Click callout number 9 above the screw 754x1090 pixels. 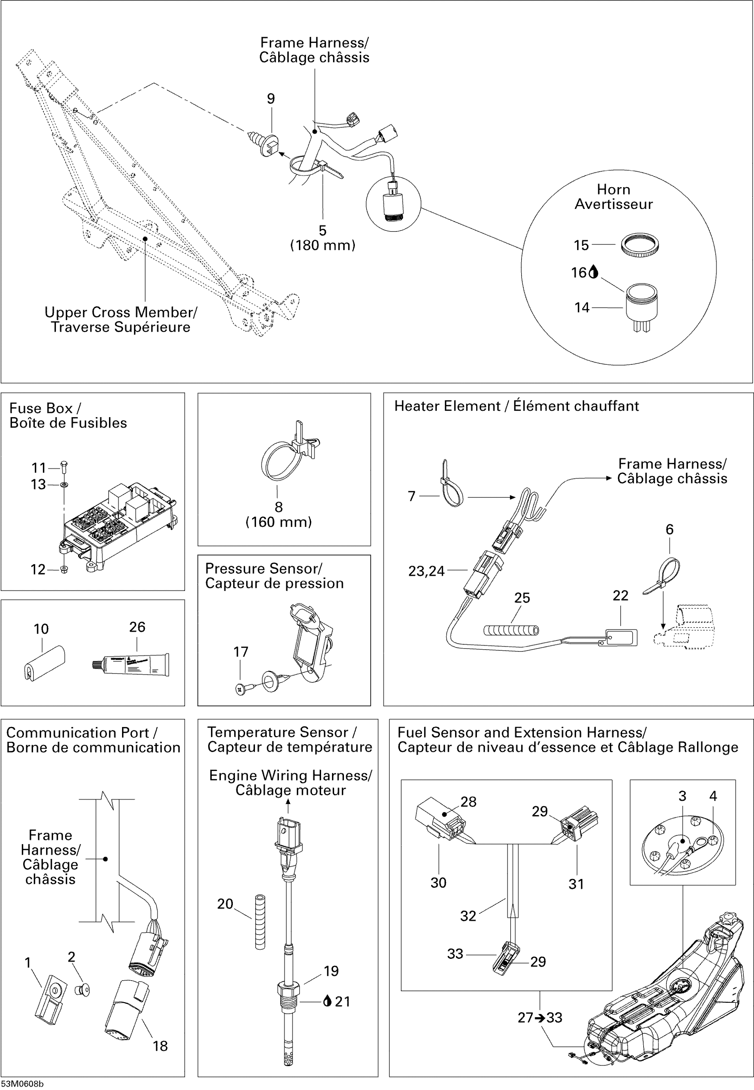271,99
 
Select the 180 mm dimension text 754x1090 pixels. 323,245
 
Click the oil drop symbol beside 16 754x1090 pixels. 594,272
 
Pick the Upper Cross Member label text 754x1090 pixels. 121,319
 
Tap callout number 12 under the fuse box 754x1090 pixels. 38,569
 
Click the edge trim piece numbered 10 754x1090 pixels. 44,662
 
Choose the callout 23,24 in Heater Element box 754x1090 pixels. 426,571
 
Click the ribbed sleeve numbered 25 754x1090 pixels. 511,630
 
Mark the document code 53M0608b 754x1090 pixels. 22,1084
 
